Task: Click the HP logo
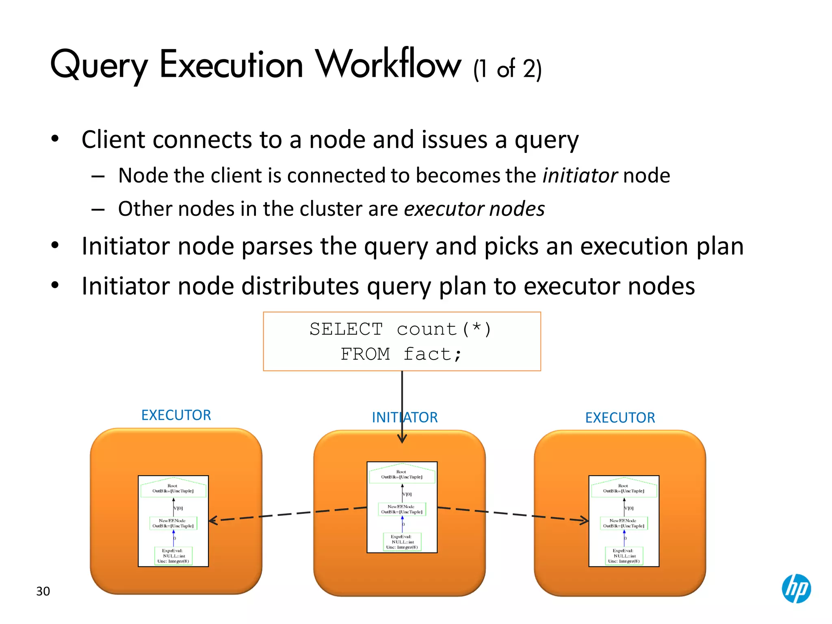pyautogui.click(x=796, y=588)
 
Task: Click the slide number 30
pyautogui.click(x=43, y=591)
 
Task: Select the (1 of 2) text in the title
pyautogui.click(x=507, y=69)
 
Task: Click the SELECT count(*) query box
pyautogui.click(x=402, y=341)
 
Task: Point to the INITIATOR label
pyautogui.click(x=405, y=417)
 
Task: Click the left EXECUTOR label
pyautogui.click(x=176, y=415)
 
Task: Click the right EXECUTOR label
pyautogui.click(x=620, y=417)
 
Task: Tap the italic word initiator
pyautogui.click(x=580, y=175)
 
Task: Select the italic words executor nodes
pyautogui.click(x=474, y=209)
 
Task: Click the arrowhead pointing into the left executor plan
pyautogui.click(x=212, y=520)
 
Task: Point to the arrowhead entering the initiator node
pyautogui.click(x=402, y=439)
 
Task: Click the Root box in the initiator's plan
pyautogui.click(x=402, y=474)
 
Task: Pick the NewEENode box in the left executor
pyautogui.click(x=173, y=523)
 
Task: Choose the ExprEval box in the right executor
pyautogui.click(x=624, y=556)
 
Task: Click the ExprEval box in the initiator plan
pyautogui.click(x=402, y=542)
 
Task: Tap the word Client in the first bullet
pyautogui.click(x=113, y=140)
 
